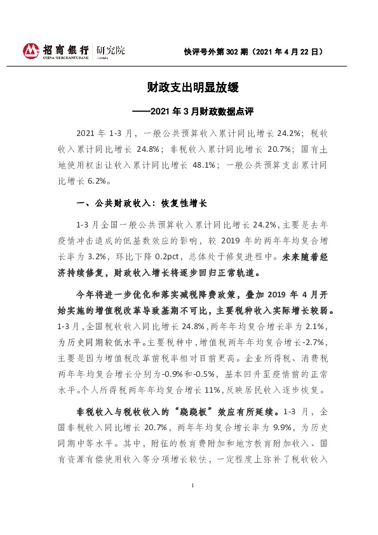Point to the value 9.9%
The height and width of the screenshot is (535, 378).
269,427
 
